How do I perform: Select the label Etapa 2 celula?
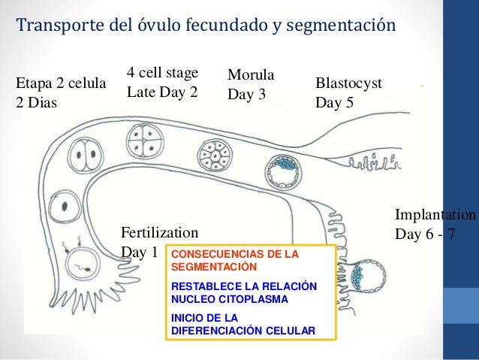61,83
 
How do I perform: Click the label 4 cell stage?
162,73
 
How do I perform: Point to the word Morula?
250,76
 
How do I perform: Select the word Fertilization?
159,232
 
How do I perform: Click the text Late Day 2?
162,93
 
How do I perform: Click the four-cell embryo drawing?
142,138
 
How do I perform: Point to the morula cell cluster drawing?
214,156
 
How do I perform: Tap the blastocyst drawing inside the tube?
284,172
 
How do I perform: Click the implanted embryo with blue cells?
369,276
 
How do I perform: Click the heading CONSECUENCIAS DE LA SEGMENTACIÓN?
235,261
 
